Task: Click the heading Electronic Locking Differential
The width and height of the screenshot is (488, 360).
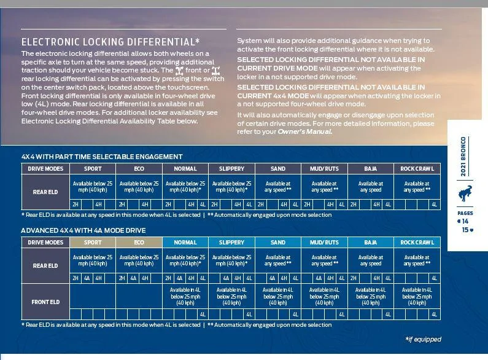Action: point(110,42)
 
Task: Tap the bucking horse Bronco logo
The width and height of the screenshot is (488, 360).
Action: point(465,193)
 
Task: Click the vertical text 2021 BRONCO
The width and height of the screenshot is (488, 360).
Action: point(463,156)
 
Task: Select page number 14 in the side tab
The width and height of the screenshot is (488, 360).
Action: point(463,221)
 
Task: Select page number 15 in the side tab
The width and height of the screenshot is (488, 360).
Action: point(468,230)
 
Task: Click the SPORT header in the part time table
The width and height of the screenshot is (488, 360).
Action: point(93,169)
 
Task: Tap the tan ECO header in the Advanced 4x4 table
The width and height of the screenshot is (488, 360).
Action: point(139,243)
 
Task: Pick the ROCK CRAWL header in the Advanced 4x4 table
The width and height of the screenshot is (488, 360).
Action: point(417,243)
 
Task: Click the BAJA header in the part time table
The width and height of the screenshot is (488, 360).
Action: point(371,169)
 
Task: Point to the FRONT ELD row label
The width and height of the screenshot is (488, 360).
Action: point(45,302)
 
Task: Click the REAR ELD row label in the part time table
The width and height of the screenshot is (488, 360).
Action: point(45,192)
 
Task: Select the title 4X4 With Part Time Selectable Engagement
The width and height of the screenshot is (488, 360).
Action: point(102,157)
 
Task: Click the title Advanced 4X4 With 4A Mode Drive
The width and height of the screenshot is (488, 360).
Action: point(83,230)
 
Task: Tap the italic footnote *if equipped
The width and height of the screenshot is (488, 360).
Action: point(424,339)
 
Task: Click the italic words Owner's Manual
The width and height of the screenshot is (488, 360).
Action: point(305,131)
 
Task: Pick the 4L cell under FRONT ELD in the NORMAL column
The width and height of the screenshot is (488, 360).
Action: point(203,314)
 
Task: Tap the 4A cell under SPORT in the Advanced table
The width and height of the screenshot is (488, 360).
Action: point(87,278)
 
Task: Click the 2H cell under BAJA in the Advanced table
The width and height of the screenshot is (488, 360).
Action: point(354,278)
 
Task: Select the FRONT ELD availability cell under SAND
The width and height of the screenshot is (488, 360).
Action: point(278,296)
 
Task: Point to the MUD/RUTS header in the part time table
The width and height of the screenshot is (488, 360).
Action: point(324,169)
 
